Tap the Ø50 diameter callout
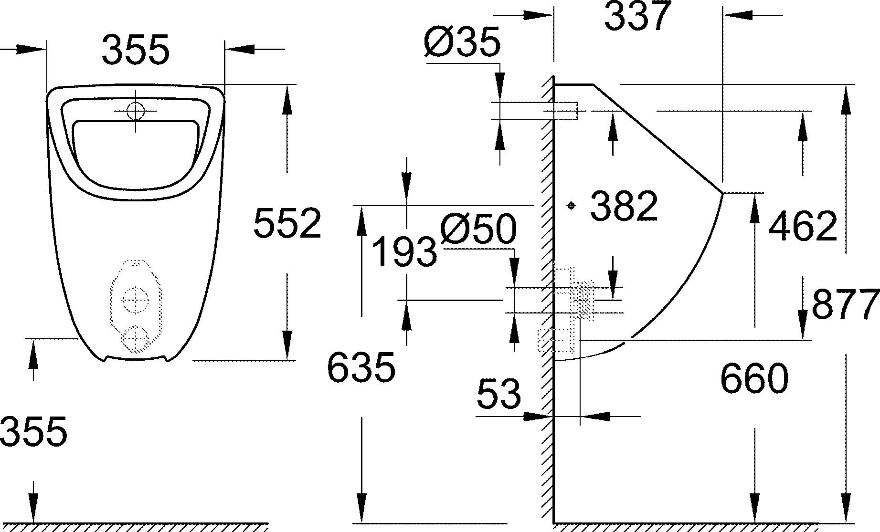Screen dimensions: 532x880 click(478, 229)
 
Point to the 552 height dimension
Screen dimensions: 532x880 click(287, 223)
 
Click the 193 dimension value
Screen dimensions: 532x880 click(404, 252)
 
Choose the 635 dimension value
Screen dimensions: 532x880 click(361, 367)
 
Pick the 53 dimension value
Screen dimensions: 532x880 click(499, 394)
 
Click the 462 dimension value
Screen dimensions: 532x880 click(803, 226)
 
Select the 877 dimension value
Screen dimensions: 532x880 click(845, 304)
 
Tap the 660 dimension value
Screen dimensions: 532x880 click(754, 378)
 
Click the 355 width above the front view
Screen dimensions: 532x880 click(136, 49)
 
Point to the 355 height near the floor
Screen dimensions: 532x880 click(33, 431)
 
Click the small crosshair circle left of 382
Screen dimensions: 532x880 click(571, 206)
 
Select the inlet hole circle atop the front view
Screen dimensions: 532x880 click(136, 111)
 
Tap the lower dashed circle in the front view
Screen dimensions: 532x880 click(136, 339)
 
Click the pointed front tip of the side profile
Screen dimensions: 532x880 click(722, 193)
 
